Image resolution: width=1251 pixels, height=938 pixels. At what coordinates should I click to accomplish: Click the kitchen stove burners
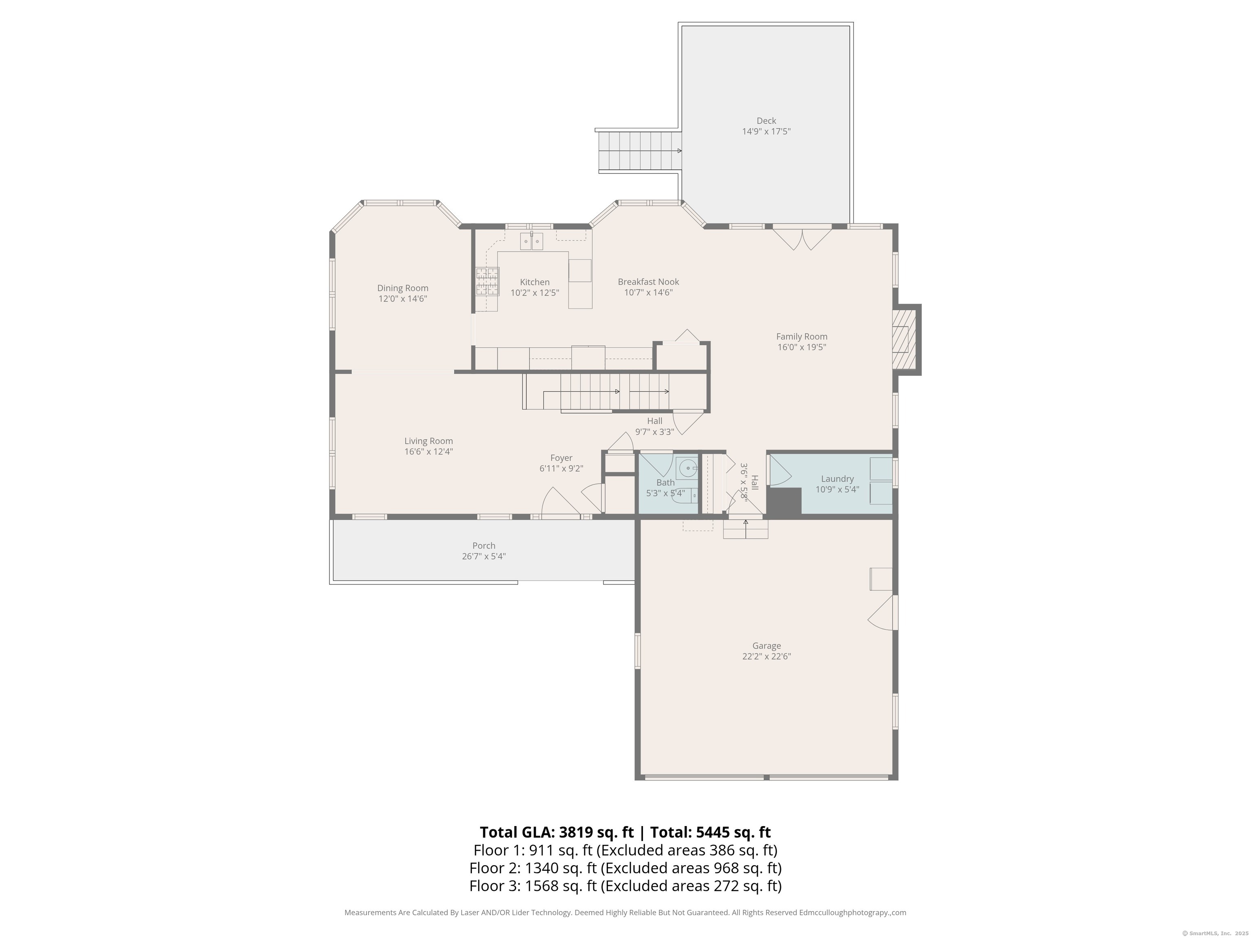(x=487, y=281)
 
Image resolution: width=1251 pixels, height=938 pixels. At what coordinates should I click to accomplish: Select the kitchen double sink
(x=531, y=241)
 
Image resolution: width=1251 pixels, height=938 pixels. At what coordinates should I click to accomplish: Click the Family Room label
(x=801, y=336)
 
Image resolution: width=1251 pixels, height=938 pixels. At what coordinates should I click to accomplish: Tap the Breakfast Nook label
(x=648, y=282)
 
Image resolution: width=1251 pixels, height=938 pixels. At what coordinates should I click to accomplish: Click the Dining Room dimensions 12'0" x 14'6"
(x=403, y=298)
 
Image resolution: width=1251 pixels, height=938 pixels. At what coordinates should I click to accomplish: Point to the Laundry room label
(x=837, y=479)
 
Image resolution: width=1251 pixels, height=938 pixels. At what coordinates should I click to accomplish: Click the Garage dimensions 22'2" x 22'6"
(x=766, y=656)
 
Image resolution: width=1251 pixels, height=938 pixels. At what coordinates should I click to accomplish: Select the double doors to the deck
(x=802, y=237)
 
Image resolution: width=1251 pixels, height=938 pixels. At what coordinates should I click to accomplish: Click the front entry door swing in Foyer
(x=560, y=503)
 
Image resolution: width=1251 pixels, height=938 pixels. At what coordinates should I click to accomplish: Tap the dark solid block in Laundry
(x=784, y=501)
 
